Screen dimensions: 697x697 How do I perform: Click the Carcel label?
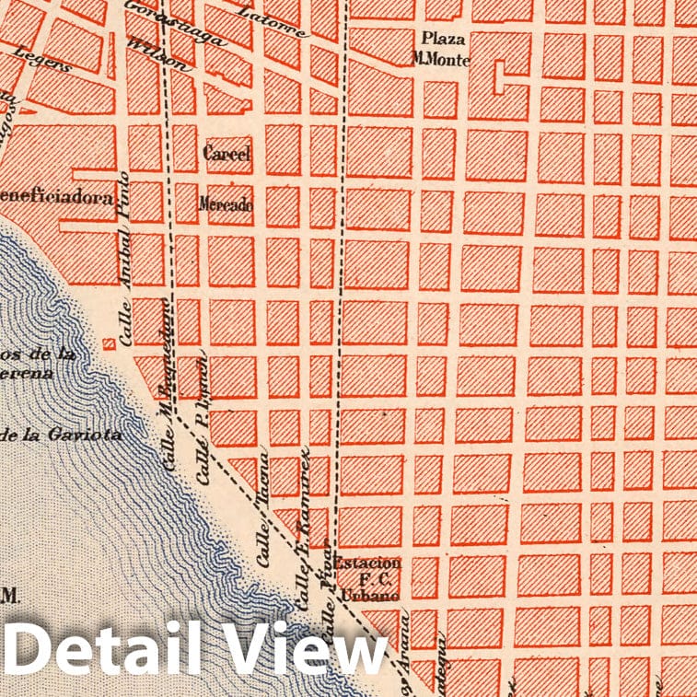227,154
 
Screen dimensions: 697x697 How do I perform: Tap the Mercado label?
226,204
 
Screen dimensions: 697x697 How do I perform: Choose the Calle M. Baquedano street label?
169,385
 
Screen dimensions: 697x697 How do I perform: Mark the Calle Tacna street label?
263,507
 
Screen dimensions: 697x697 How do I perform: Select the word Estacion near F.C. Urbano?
367,563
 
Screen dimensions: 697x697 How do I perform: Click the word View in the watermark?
307,655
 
